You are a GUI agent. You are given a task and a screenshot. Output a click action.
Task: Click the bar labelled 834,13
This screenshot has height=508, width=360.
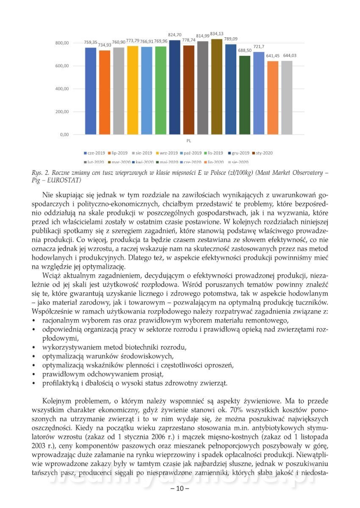pos(216,87)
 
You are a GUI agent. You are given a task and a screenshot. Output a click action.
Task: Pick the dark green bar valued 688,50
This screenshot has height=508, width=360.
pos(245,95)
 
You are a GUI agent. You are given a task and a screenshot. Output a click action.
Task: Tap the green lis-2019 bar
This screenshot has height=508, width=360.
pos(161,91)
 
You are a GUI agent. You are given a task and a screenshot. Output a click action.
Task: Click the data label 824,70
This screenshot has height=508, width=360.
pos(175,35)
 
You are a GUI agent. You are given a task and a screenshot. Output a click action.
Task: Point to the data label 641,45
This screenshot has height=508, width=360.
pos(273,55)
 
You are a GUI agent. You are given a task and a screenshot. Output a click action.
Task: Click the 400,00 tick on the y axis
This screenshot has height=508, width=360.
pos(61,89)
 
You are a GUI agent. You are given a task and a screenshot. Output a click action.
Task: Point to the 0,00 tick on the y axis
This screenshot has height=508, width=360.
pos(64,135)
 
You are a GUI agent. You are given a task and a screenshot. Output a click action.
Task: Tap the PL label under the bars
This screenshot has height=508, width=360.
pos(188,140)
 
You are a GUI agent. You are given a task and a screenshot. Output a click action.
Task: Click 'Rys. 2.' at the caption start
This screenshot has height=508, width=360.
pos(41,172)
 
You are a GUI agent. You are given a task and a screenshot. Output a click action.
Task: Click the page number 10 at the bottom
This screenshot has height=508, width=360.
pos(180,489)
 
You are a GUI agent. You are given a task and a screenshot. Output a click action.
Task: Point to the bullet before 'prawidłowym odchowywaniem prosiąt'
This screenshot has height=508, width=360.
pos(34,375)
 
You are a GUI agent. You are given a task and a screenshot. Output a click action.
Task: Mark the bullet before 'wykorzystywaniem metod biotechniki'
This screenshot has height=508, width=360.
pos(34,348)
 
